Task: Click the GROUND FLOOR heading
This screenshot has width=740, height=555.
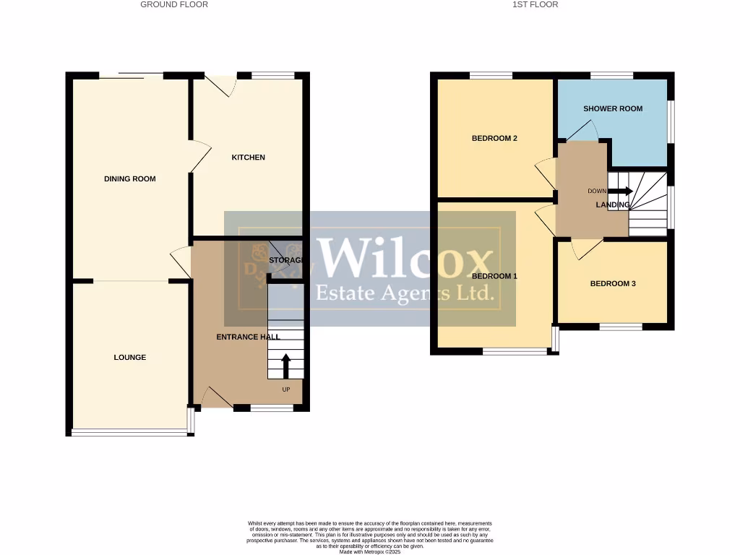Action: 173,4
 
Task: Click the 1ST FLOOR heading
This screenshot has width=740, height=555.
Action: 535,4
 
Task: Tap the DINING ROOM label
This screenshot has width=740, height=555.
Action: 130,179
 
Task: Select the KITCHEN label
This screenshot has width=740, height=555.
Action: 248,158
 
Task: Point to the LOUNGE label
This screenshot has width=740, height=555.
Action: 130,357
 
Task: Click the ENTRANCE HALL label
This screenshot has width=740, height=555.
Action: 248,337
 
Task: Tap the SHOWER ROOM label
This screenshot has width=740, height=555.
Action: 613,109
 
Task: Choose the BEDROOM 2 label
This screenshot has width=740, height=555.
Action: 494,139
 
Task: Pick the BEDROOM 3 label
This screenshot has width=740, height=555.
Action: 613,284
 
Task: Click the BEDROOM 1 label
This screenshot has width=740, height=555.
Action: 494,276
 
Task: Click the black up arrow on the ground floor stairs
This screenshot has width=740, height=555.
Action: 285,366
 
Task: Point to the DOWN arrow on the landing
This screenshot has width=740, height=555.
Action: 620,192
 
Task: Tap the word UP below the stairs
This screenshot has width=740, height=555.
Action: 286,390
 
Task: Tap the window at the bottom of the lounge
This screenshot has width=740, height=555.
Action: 129,432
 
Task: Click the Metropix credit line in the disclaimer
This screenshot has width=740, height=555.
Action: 369,552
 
